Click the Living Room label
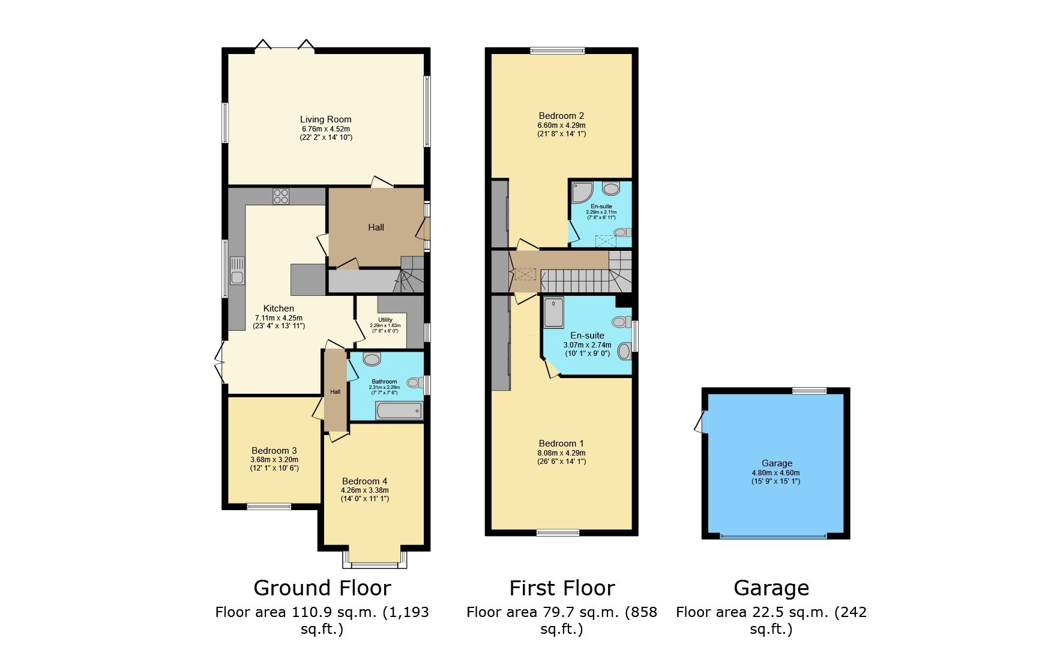[325, 119]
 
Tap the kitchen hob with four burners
[281, 196]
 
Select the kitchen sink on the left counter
[237, 270]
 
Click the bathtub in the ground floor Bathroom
[399, 411]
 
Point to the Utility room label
[385, 320]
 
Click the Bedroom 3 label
[274, 451]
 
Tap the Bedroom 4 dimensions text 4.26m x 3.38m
[364, 490]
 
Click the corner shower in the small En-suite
[581, 193]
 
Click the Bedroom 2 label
[561, 116]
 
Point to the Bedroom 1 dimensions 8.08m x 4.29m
[561, 453]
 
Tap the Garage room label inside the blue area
[777, 463]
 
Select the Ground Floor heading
[322, 588]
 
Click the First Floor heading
[562, 588]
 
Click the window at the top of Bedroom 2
[558, 51]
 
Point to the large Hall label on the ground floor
[376, 227]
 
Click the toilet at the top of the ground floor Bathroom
[372, 360]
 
